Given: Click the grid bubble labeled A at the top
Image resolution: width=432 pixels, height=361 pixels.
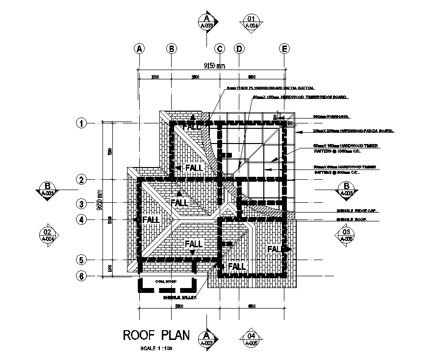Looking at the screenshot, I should pyautogui.click(x=140, y=48).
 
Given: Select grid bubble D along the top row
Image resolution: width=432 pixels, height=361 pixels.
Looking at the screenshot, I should pyautogui.click(x=239, y=48).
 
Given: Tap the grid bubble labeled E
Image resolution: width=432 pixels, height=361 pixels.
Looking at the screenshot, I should pyautogui.click(x=284, y=48).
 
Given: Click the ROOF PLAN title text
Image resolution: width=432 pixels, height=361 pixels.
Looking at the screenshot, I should pyautogui.click(x=155, y=336).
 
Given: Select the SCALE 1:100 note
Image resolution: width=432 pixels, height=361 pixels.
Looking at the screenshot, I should pyautogui.click(x=156, y=348).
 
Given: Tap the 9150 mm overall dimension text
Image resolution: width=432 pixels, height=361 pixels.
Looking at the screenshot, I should pyautogui.click(x=214, y=66).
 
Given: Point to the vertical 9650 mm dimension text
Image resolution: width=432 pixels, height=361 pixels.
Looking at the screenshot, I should pyautogui.click(x=100, y=199).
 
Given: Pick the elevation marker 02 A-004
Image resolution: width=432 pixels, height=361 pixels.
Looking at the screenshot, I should pyautogui.click(x=48, y=235).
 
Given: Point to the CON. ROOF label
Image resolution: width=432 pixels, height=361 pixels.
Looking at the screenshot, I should pyautogui.click(x=166, y=282).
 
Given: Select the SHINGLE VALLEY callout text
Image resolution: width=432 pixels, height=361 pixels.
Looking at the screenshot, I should pyautogui.click(x=180, y=297).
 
